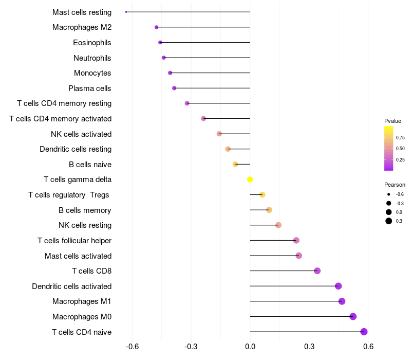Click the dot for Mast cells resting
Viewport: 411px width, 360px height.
click(126, 12)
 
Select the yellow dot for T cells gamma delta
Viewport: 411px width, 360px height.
click(250, 179)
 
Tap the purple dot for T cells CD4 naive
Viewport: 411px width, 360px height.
click(364, 332)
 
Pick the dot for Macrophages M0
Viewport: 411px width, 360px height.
click(353, 316)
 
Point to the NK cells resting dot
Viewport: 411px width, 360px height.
click(278, 225)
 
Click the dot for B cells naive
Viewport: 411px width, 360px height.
click(235, 164)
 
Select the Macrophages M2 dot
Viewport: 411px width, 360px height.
click(157, 27)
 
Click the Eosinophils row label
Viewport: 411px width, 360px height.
click(92, 43)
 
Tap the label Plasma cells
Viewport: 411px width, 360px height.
click(89, 88)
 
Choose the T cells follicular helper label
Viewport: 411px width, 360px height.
click(74, 241)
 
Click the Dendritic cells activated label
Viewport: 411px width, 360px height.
click(72, 286)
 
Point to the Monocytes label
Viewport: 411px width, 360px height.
click(92, 73)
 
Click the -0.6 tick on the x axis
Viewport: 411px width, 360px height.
click(132, 347)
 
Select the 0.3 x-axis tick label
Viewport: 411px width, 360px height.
click(309, 347)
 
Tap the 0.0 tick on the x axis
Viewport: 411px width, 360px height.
click(250, 347)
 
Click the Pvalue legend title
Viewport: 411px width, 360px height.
click(393, 121)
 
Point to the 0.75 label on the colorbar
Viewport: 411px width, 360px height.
click(400, 138)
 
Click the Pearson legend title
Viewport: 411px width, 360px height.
click(395, 185)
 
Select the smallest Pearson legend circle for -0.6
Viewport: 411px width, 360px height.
click(388, 194)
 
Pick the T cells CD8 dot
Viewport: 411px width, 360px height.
click(317, 271)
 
